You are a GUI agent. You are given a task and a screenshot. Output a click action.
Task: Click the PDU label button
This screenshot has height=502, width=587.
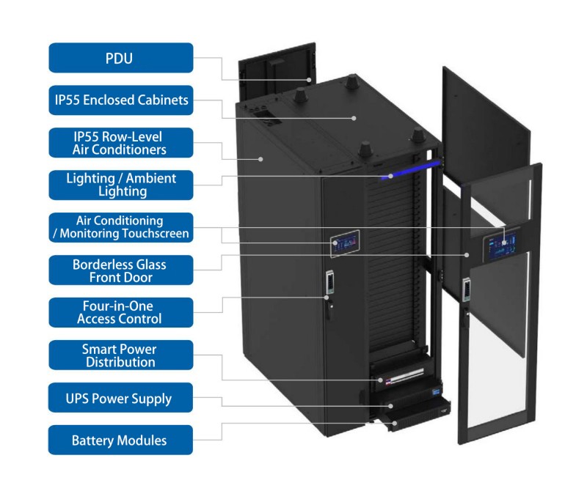pyautogui.click(x=121, y=58)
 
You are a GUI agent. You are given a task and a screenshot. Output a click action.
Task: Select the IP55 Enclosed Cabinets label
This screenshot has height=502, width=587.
pyautogui.click(x=121, y=100)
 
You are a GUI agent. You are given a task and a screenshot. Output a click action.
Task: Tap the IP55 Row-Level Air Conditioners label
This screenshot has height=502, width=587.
pyautogui.click(x=121, y=142)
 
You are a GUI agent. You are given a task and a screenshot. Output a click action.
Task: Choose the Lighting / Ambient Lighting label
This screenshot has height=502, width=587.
pyautogui.click(x=121, y=185)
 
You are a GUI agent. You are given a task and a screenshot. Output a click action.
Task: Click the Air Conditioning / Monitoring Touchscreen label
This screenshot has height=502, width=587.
pyautogui.click(x=121, y=227)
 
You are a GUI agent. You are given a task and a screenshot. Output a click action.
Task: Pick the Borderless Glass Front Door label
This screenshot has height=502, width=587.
pyautogui.click(x=121, y=270)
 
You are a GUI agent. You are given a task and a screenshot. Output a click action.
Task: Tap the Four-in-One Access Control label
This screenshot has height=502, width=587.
pyautogui.click(x=121, y=312)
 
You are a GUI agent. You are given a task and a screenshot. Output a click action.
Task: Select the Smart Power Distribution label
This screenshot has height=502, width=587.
pyautogui.click(x=121, y=355)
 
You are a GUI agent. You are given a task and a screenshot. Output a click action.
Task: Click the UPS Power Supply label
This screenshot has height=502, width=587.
pyautogui.click(x=121, y=398)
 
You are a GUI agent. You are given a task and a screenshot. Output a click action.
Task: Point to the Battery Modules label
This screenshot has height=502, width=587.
pyautogui.click(x=121, y=440)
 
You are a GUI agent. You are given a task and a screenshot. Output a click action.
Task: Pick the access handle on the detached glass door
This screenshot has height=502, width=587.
pyautogui.click(x=465, y=289)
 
